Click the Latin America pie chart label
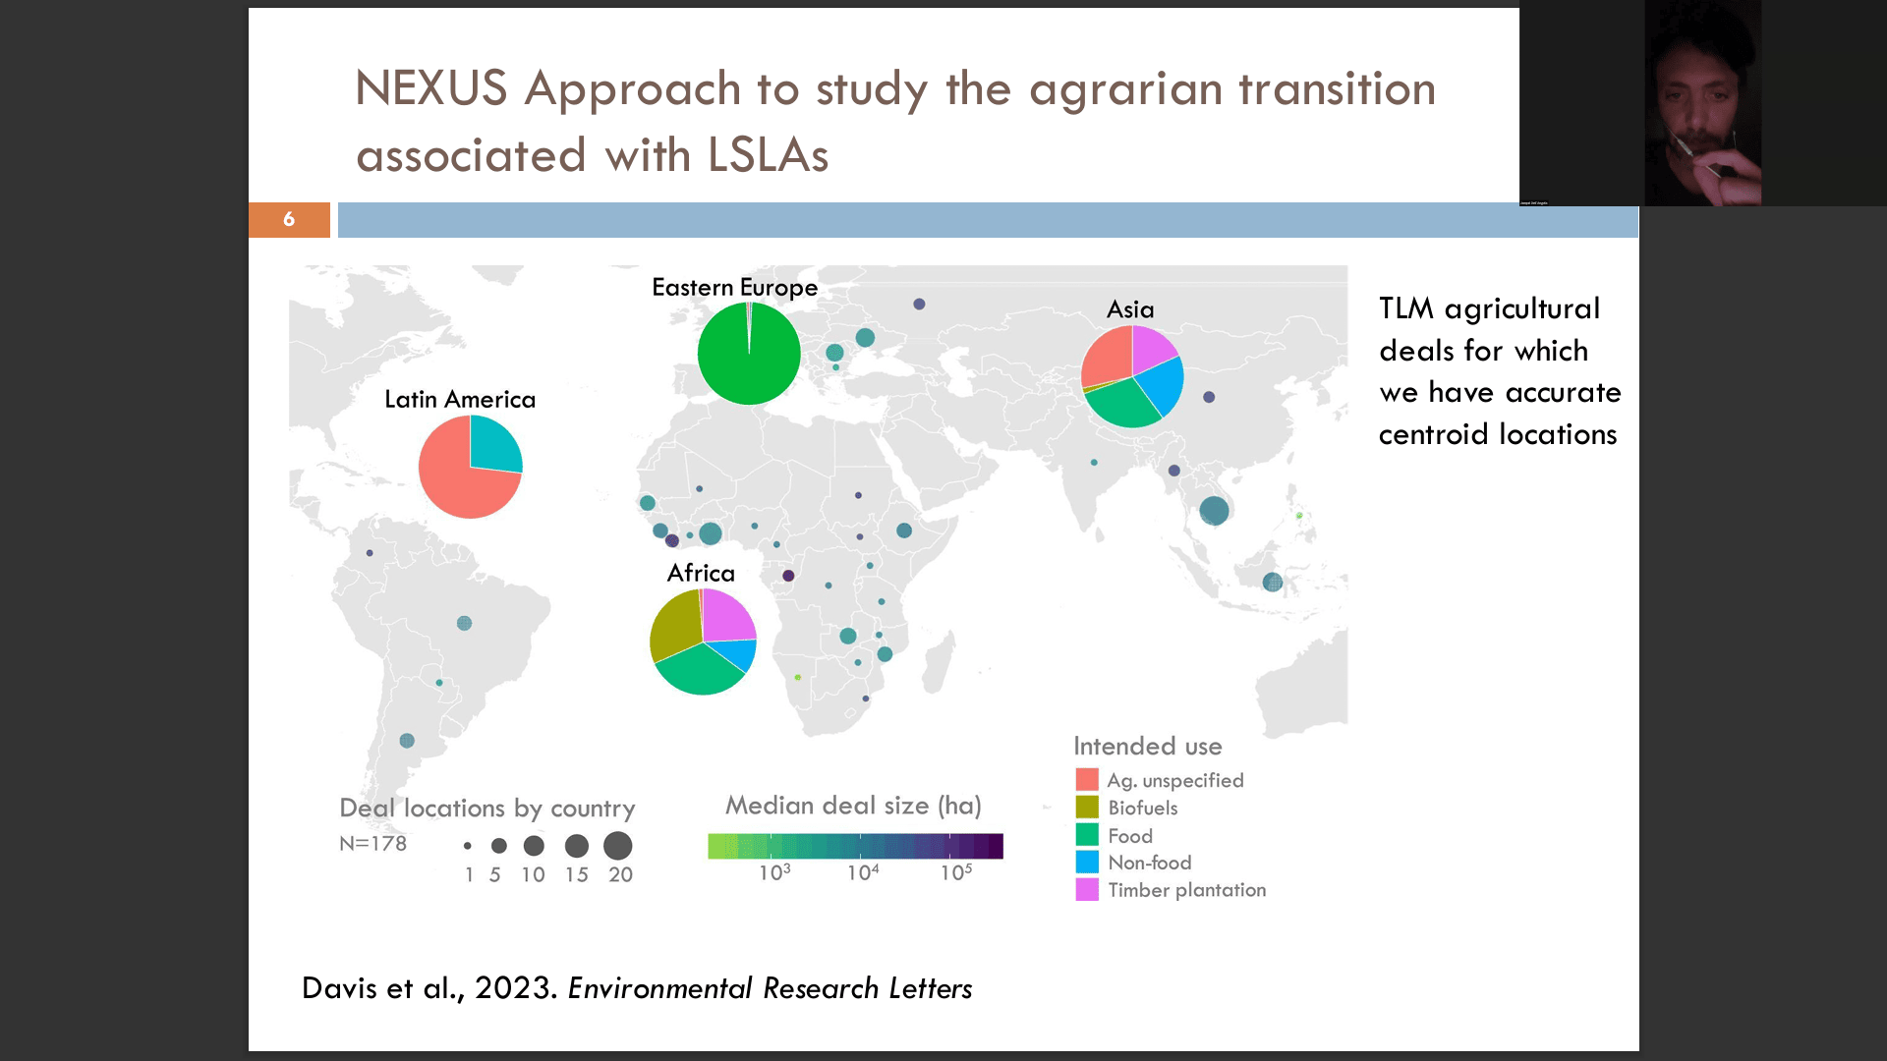[x=460, y=399]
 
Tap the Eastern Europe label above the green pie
[x=734, y=288]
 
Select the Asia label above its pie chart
[x=1130, y=309]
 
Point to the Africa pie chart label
[x=701, y=573]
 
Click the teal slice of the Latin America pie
[x=493, y=444]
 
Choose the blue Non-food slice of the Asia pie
[x=1162, y=386]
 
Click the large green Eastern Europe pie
[x=749, y=354]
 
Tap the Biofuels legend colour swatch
[x=1087, y=808]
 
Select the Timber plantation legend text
[x=1187, y=890]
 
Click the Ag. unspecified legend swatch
[x=1087, y=780]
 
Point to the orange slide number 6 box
[x=289, y=219]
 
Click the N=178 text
[x=372, y=844]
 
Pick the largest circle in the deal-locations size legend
[x=618, y=846]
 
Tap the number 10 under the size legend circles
[x=533, y=874]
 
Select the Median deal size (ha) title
[x=853, y=806]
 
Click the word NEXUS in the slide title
[x=430, y=88]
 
